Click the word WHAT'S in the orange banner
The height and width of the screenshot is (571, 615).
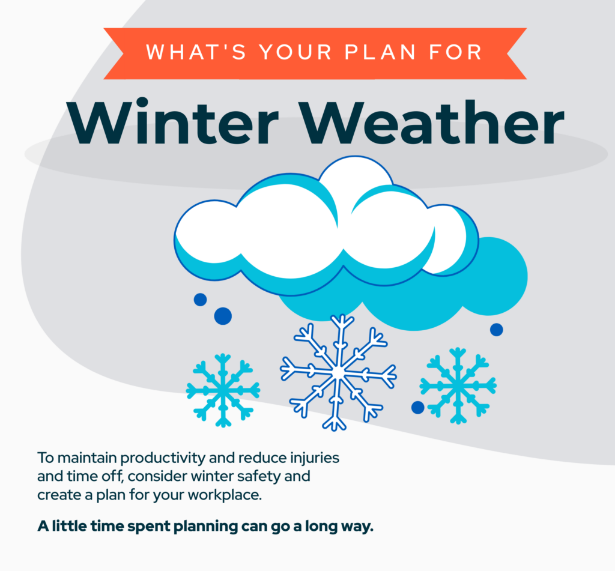point(196,52)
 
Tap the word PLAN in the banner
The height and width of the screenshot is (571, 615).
point(380,52)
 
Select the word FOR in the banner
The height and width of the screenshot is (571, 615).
point(455,52)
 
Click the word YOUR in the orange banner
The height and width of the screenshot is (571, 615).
point(295,52)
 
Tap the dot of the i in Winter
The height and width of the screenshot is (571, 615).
point(143,103)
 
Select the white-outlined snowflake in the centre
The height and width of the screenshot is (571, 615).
point(338,373)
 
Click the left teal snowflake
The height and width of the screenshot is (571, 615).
point(223,390)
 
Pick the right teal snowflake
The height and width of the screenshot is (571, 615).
point(458,385)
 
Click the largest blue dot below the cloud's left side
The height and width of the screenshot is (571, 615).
point(223,316)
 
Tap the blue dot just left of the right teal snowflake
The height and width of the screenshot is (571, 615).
point(418,408)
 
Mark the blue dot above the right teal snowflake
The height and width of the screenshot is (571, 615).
point(496,330)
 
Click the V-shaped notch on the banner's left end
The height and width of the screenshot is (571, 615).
point(123,53)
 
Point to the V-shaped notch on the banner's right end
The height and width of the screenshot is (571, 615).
point(507,53)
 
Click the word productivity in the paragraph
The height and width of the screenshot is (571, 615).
point(162,458)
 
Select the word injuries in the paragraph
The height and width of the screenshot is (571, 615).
point(315,458)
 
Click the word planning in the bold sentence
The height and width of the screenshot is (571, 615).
point(205,527)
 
